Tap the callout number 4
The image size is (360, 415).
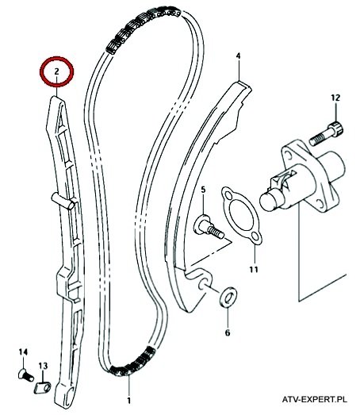click(x=239, y=56)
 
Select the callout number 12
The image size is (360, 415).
click(x=335, y=98)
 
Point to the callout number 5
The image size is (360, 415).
click(x=203, y=190)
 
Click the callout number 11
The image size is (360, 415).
click(x=254, y=270)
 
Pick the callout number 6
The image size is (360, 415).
click(x=228, y=332)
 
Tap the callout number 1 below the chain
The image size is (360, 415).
click(x=128, y=401)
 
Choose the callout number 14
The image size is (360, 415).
click(x=23, y=352)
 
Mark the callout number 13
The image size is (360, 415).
click(x=43, y=366)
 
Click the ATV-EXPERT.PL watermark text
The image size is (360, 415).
click(x=315, y=399)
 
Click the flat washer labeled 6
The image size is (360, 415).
click(x=228, y=297)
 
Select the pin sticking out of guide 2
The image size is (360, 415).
click(x=63, y=201)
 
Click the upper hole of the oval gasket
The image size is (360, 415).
click(x=228, y=195)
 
